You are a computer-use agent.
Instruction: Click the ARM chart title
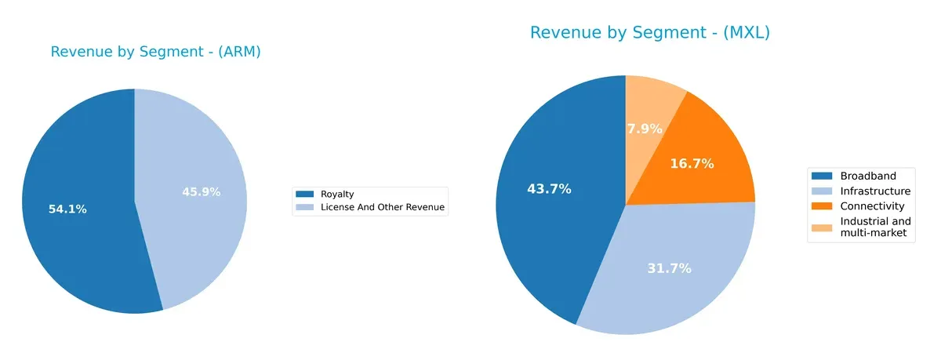coord(155,52)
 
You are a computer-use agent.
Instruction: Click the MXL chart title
coord(650,32)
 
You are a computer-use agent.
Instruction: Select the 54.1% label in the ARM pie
coord(67,209)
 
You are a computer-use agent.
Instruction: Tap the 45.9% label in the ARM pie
coord(201,191)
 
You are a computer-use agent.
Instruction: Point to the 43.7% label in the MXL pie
coord(549,189)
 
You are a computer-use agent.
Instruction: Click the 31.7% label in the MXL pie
coord(669,268)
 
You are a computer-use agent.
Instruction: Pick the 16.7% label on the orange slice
coord(692,164)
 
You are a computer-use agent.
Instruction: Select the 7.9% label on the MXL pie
coord(645,128)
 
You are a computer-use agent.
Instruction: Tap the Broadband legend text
coord(867,176)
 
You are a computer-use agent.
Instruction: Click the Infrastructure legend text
coord(875,191)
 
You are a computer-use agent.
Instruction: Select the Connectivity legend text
coord(872,206)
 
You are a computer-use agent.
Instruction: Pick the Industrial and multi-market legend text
coord(875,227)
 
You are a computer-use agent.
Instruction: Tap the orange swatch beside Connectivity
coord(823,206)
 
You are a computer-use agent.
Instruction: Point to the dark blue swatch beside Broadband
coord(823,176)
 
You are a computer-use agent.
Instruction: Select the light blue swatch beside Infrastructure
coord(823,191)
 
